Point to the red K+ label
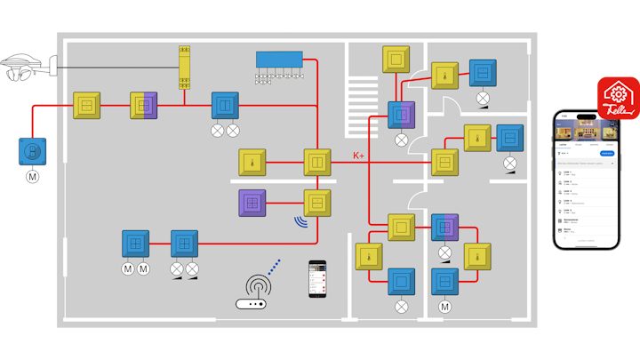click(x=359, y=156)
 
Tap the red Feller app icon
click(x=618, y=99)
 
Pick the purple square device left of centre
click(x=252, y=204)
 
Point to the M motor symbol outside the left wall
click(x=33, y=176)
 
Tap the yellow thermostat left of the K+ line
click(x=252, y=164)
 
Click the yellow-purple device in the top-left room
click(x=144, y=106)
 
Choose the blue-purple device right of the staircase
click(x=401, y=116)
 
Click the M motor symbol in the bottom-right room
click(x=444, y=307)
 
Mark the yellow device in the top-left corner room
click(x=86, y=106)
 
